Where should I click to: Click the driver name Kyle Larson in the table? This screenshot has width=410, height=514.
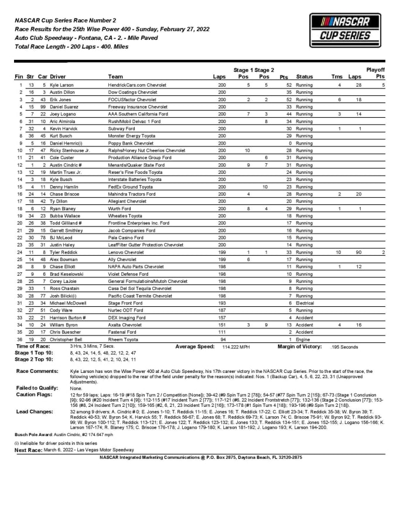[x=63, y=85]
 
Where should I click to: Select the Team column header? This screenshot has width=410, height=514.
[x=115, y=77]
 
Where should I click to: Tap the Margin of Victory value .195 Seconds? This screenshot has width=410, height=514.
[x=346, y=347]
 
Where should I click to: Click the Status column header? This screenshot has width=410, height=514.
[x=305, y=77]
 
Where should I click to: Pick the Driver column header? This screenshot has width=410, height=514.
[x=58, y=77]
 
